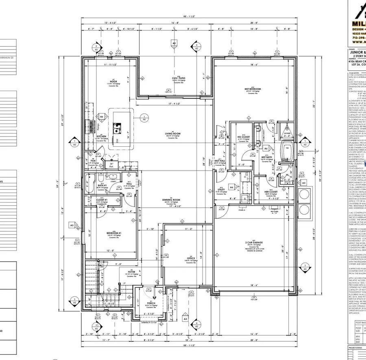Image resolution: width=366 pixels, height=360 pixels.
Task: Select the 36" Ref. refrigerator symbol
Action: point(111,166)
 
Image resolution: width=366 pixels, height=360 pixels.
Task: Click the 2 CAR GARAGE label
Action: point(253,243)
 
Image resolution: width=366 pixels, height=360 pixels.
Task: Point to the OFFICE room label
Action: point(191,258)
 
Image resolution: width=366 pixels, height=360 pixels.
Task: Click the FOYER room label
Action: point(131,272)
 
